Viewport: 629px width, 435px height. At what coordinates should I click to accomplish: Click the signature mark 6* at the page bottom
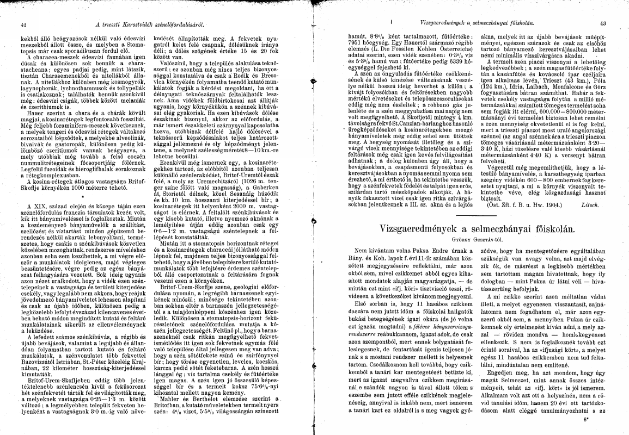[x=602, y=421]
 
